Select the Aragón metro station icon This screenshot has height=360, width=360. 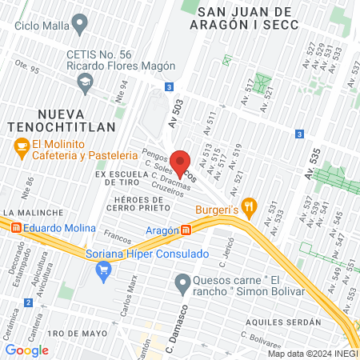[186, 230]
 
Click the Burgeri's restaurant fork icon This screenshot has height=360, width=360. [250, 206]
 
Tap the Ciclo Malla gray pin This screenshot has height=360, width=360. [79, 25]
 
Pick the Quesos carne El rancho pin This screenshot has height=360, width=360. [182, 282]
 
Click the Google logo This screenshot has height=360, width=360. [26, 350]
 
